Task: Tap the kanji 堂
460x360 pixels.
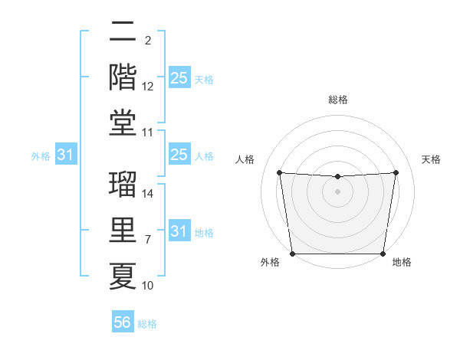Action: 123,123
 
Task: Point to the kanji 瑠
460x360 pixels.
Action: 123,185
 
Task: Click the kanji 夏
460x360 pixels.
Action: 123,276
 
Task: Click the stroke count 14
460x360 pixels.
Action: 148,194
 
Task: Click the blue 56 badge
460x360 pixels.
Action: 122,323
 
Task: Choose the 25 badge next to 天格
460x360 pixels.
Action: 179,77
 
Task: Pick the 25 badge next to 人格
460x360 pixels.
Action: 179,155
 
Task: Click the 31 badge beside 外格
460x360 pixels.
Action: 66,155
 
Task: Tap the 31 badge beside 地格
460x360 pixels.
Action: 179,231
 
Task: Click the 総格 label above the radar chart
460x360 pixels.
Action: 338,100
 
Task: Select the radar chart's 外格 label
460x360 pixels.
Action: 270,263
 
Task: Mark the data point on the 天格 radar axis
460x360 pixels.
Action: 396,172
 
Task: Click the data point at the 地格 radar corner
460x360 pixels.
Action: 383,254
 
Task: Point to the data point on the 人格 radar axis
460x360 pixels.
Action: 279,172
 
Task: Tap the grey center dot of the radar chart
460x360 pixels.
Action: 337,191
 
